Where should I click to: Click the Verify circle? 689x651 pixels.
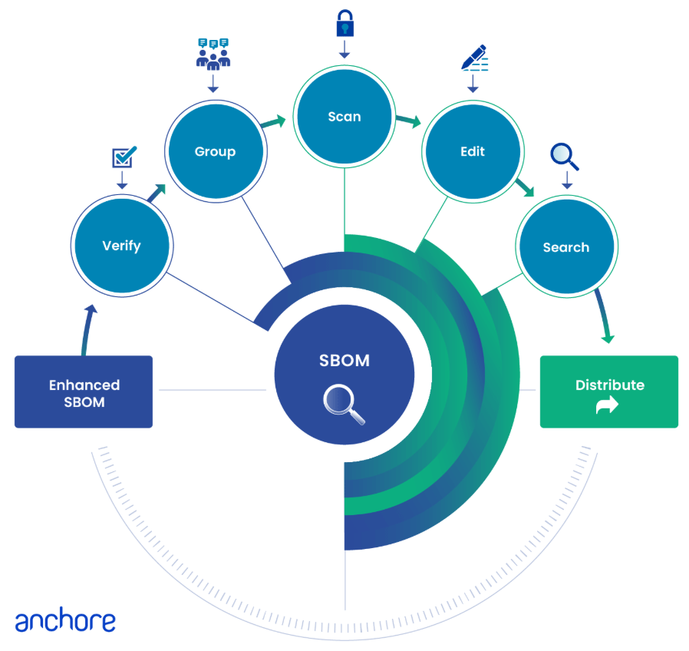tap(121, 246)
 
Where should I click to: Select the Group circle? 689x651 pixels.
tap(215, 151)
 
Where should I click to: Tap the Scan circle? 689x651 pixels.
tap(344, 117)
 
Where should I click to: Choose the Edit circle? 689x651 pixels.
tap(473, 151)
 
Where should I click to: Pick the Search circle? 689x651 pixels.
tap(566, 247)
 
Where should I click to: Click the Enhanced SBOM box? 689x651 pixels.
tap(84, 392)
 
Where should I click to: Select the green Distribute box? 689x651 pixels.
tap(609, 392)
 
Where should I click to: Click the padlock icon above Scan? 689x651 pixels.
tap(344, 25)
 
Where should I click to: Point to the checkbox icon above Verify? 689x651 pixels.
tap(124, 157)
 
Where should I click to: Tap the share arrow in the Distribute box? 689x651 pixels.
tap(607, 406)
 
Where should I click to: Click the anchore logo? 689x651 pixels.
tap(65, 621)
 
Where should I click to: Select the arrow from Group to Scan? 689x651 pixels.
tap(272, 121)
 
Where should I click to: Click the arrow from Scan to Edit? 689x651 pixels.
tap(408, 121)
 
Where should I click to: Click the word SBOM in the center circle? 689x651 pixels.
tap(344, 361)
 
